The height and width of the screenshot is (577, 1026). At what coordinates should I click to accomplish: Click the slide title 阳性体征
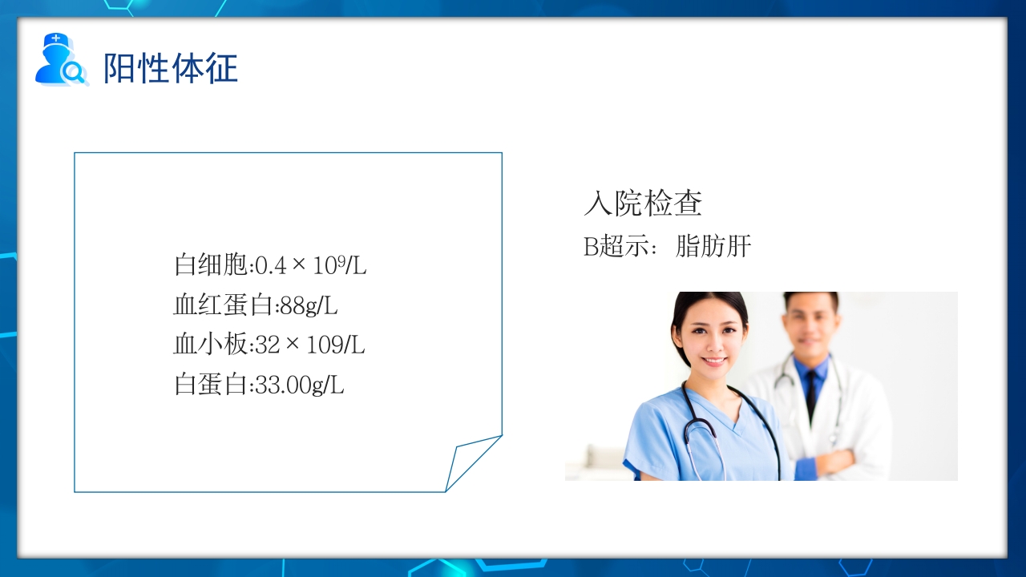[x=171, y=68]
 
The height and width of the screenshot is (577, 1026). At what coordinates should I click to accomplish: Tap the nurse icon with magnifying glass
[x=59, y=60]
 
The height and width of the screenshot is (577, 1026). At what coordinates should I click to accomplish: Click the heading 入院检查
[x=643, y=204]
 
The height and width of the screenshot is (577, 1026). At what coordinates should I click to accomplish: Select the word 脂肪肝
[x=713, y=246]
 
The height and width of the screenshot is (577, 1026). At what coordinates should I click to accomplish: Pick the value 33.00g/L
[x=299, y=385]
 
